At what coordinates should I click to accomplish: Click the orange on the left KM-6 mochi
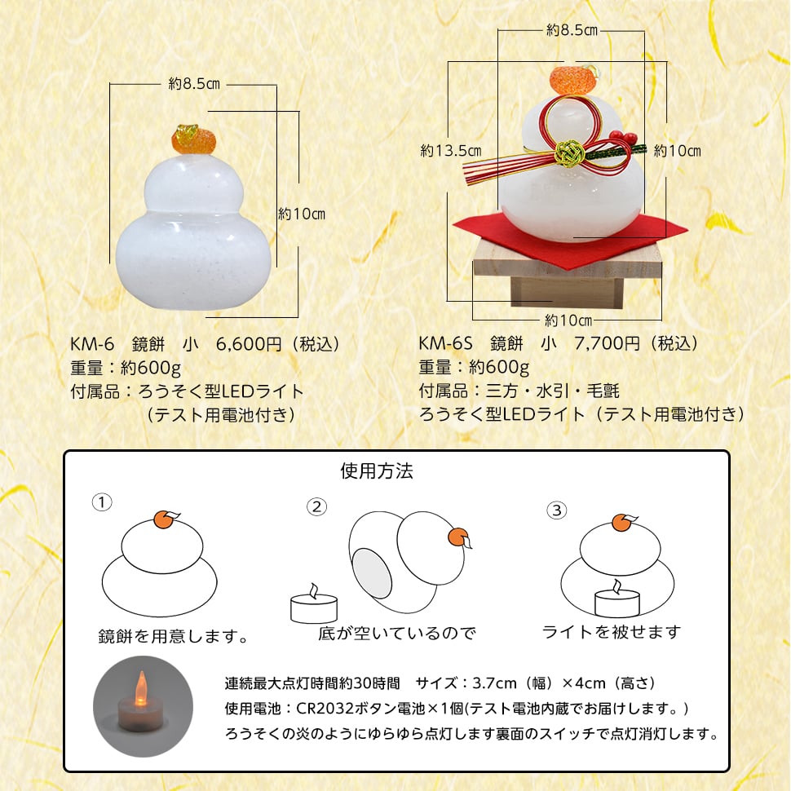tap(194, 139)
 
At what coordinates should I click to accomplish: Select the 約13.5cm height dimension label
tap(451, 150)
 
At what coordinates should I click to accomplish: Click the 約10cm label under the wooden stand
tap(568, 320)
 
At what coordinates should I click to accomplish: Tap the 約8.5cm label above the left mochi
tap(194, 83)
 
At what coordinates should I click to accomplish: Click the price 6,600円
tap(249, 343)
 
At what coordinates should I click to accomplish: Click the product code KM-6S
tap(445, 343)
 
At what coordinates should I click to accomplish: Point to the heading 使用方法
tap(377, 471)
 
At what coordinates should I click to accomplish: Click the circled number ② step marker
tap(316, 506)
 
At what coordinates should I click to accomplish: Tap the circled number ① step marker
tap(102, 502)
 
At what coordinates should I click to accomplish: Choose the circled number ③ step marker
tap(557, 510)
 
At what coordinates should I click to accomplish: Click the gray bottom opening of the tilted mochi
tap(373, 574)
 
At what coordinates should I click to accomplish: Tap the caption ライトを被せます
tap(612, 632)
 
